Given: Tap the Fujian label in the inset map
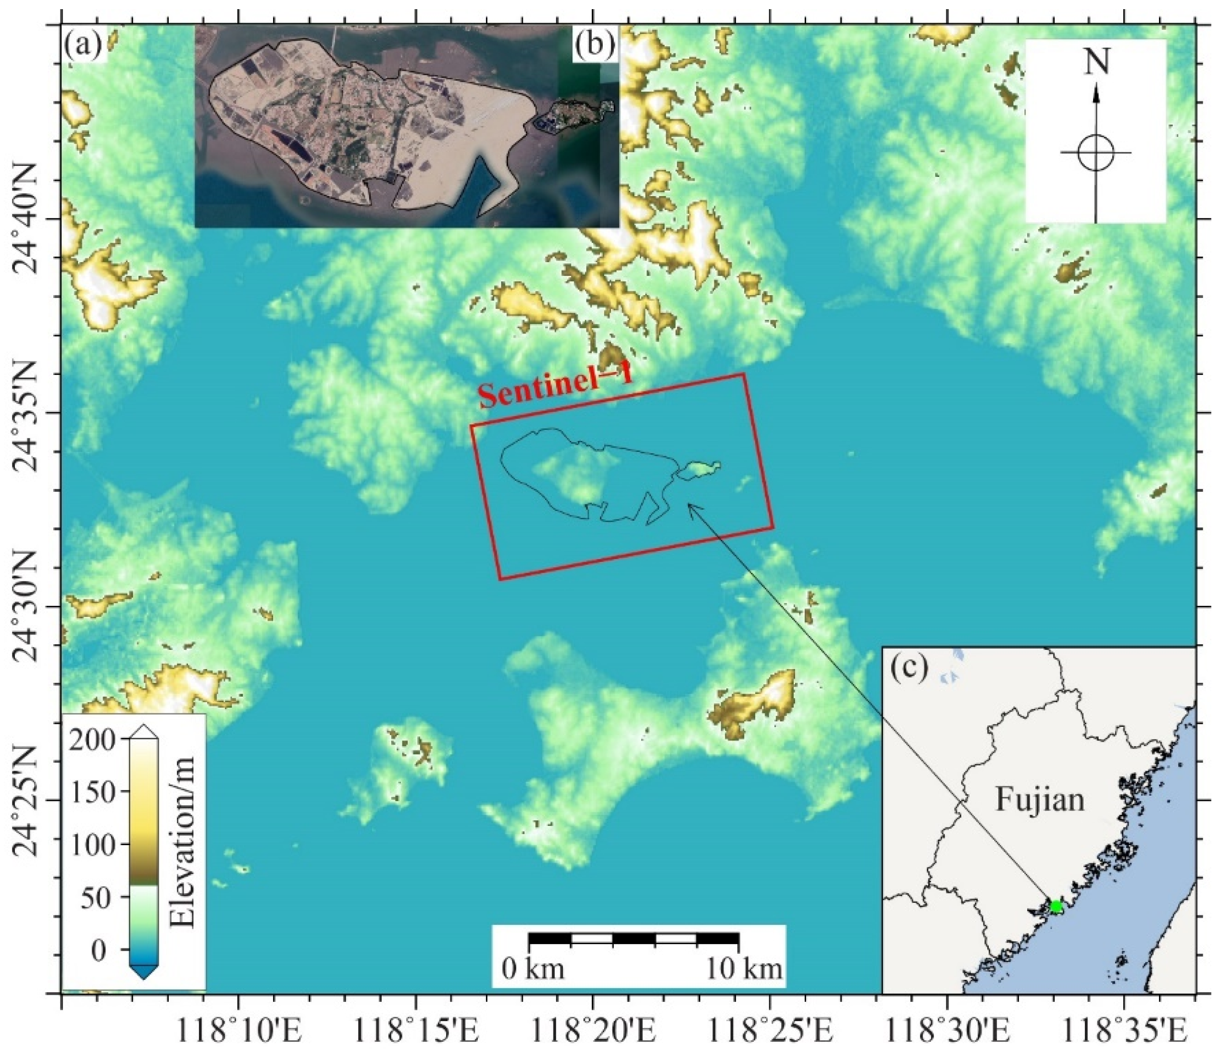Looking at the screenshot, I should click(1040, 800).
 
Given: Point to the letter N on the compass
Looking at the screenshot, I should click(1096, 61).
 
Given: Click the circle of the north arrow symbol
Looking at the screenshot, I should click(1096, 152).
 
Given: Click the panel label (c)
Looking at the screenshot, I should click(910, 667).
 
